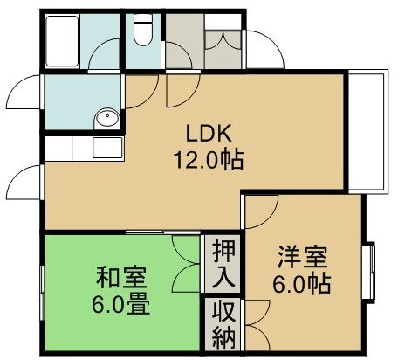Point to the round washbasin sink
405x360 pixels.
click(x=106, y=117)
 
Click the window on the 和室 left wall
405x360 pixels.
click(x=41, y=288)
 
